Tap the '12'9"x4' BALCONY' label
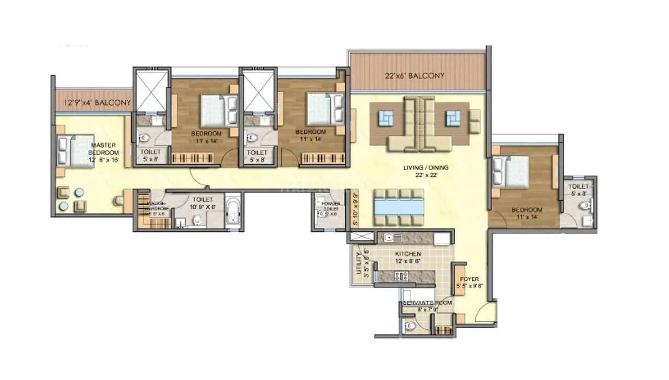click(x=98, y=102)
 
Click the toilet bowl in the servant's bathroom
click(x=411, y=326)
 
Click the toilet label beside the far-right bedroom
click(x=579, y=189)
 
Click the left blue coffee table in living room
click(x=387, y=117)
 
